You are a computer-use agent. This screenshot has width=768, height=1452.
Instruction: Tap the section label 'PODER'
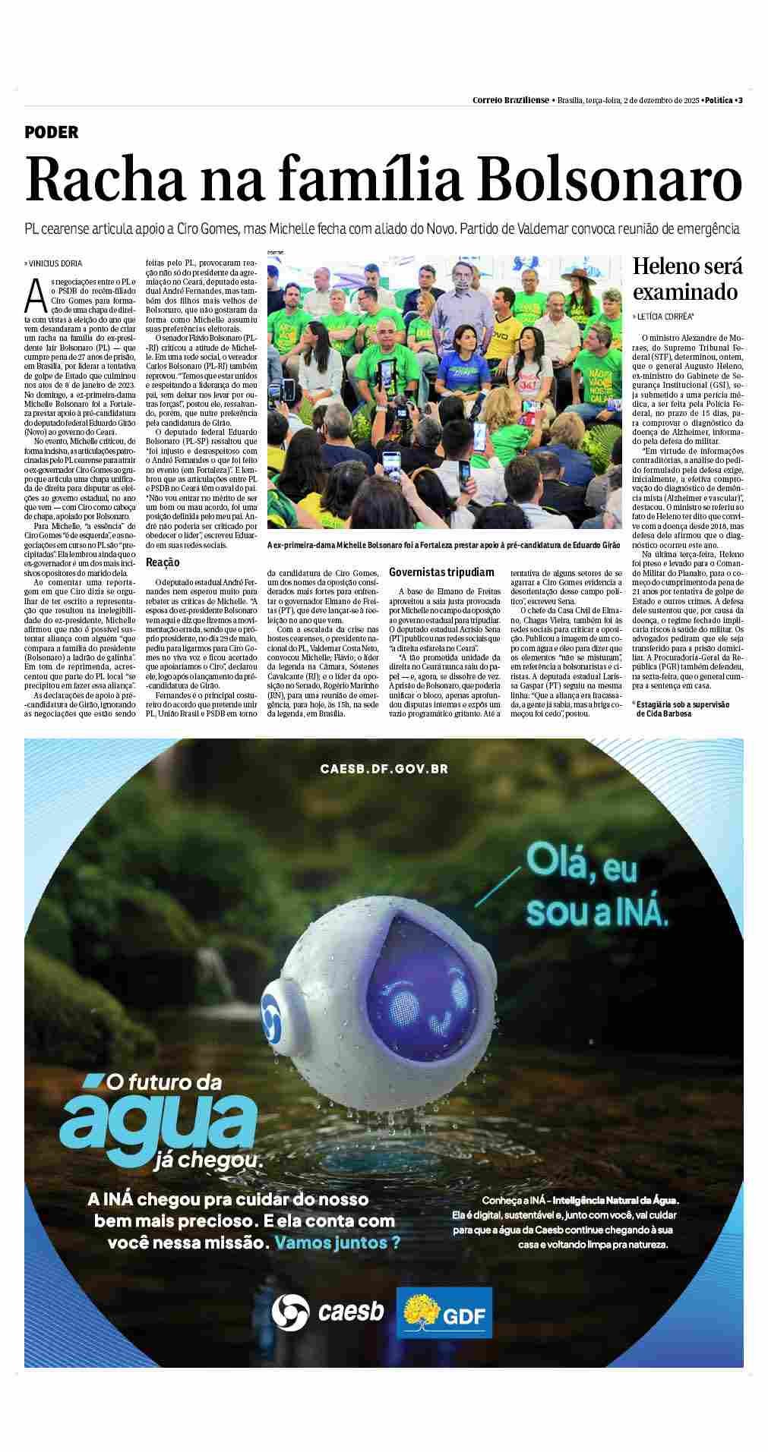(x=52, y=132)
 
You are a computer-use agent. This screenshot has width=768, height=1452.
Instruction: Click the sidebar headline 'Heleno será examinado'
(x=687, y=279)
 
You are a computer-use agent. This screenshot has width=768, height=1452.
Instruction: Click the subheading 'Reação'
(x=163, y=562)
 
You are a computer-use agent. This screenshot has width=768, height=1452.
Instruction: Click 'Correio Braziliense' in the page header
(x=510, y=100)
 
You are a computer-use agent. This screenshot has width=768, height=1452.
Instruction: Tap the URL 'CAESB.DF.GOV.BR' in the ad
(x=384, y=768)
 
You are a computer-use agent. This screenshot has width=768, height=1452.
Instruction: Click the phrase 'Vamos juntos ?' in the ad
(x=337, y=1243)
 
